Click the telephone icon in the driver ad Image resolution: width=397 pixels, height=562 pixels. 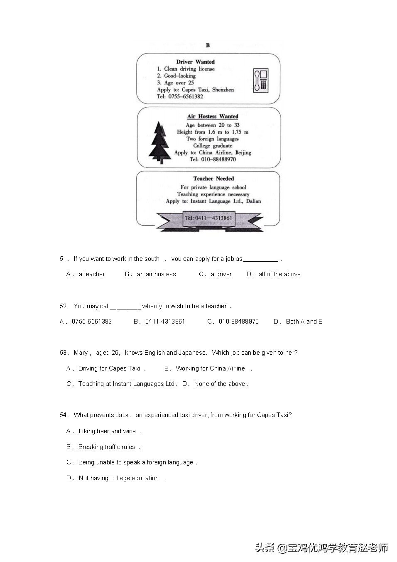[x=261, y=81]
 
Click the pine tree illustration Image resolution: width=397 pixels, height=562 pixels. [x=159, y=142]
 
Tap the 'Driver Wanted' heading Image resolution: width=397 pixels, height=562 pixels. [x=195, y=62]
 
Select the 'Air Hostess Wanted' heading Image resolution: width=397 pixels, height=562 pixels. [x=213, y=116]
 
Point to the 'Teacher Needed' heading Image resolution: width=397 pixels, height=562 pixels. [x=213, y=179]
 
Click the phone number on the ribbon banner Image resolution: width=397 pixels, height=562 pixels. [x=208, y=218]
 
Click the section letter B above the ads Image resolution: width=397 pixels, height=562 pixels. [x=208, y=45]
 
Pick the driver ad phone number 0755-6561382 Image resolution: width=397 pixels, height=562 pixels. [x=186, y=96]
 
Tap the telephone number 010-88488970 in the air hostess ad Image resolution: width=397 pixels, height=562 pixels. [x=218, y=159]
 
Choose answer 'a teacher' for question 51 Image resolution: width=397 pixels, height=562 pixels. [x=92, y=274]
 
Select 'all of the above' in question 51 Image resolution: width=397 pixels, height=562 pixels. [x=279, y=274]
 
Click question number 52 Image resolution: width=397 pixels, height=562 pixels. [x=64, y=306]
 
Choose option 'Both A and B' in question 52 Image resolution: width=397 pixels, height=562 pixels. [x=304, y=321]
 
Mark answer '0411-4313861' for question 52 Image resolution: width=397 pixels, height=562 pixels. [x=165, y=321]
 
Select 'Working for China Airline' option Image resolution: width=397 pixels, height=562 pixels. [x=210, y=368]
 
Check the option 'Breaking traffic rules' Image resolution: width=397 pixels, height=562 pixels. [x=107, y=447]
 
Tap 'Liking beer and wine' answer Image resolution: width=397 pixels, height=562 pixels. [x=107, y=431]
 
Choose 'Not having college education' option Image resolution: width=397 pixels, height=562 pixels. [x=118, y=478]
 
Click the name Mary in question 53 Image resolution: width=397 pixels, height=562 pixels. [x=81, y=353]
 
